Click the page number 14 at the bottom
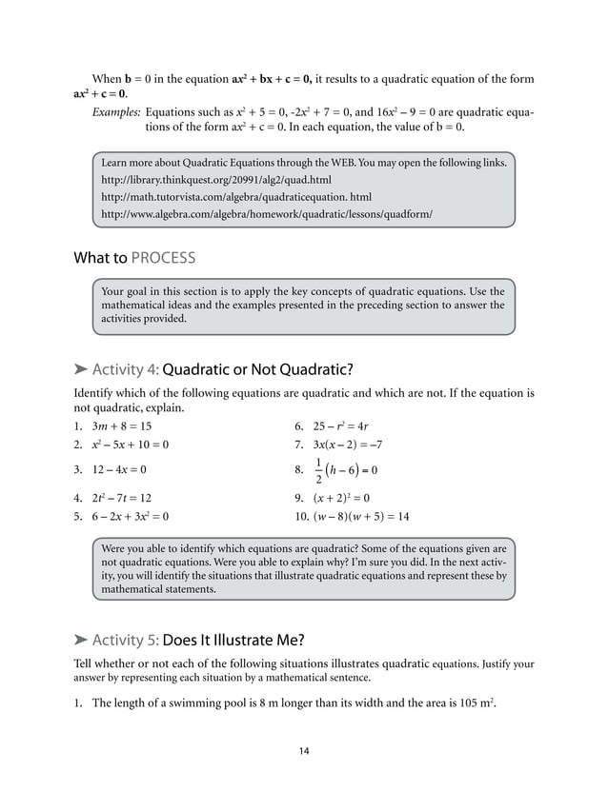pos(304,752)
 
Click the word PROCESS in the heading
pos(163,258)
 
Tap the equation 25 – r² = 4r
pos(346,426)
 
